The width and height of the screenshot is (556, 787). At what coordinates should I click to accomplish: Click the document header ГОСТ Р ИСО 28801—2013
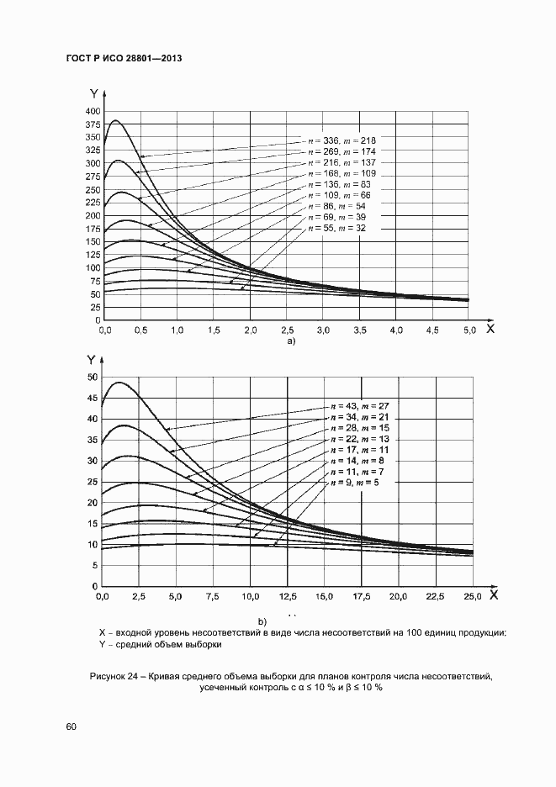pos(124,59)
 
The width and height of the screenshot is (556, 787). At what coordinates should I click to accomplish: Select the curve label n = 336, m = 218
pos(342,140)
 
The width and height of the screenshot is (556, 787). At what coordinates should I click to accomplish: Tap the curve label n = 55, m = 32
pos(336,228)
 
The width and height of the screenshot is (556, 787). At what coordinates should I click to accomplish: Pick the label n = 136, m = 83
pos(339,184)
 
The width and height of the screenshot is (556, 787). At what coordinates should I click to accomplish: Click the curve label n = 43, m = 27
pos(359,406)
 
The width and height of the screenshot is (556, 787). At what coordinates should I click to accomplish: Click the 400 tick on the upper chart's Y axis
pos(93,112)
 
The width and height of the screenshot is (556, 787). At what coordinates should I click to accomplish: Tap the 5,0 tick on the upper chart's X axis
pos(468,330)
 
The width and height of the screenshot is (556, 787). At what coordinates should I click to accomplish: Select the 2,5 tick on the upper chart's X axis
pos(287,330)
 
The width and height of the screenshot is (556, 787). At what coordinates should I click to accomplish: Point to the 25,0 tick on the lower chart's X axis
pos(473,596)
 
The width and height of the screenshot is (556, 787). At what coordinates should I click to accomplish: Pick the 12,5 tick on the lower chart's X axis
pos(288,596)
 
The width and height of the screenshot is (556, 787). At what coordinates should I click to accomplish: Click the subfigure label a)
pos(291,341)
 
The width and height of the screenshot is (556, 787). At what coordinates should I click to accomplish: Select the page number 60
pos(71,726)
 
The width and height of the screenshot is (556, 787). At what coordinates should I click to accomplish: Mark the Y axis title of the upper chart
pos(93,94)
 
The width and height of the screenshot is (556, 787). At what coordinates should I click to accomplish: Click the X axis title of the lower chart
pos(494,594)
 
